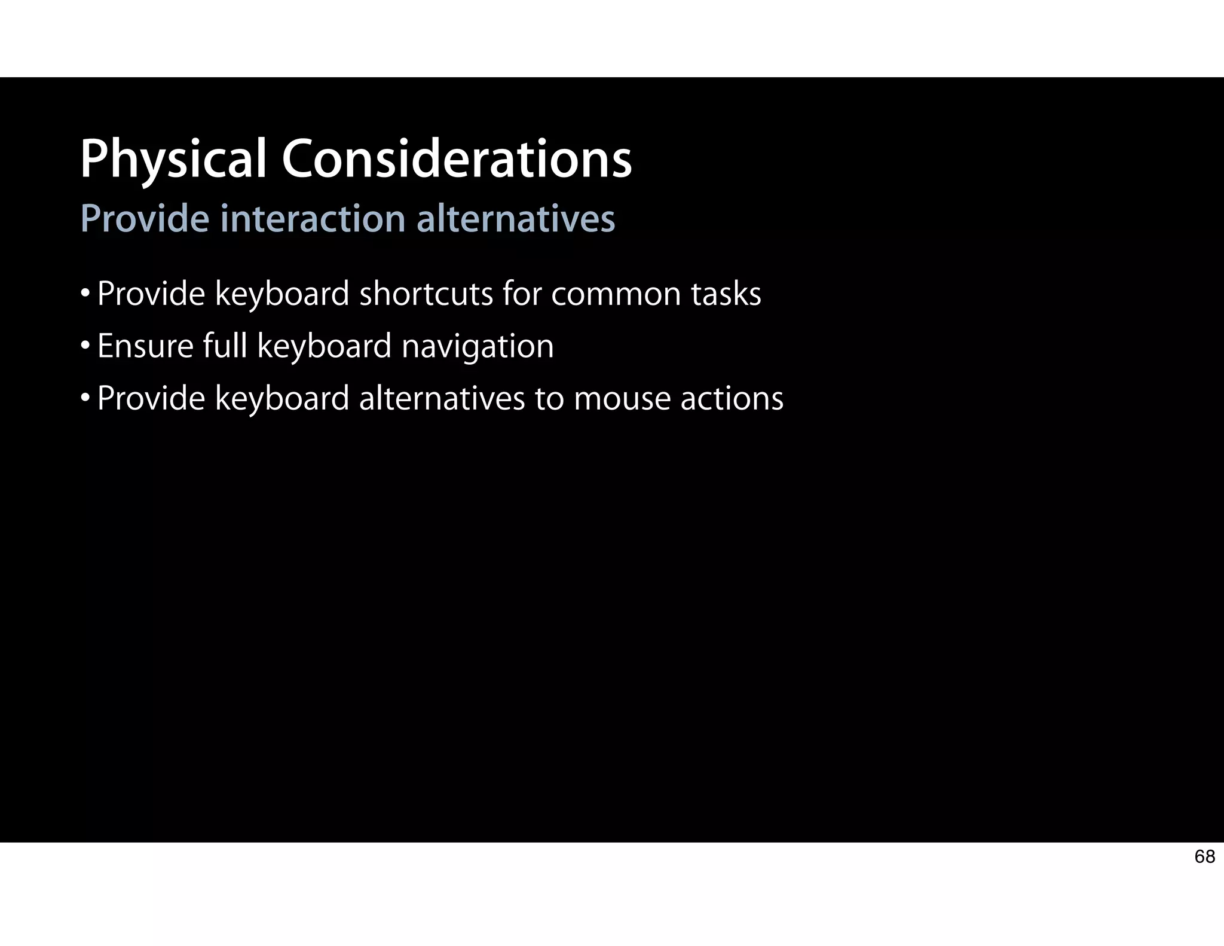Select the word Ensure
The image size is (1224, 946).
pos(145,346)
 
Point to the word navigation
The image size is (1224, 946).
pos(478,347)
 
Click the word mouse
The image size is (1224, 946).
pos(622,399)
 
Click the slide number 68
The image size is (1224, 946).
pos(1204,857)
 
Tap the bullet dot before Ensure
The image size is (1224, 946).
pos(85,345)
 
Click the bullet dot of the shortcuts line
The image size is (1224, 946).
pos(85,293)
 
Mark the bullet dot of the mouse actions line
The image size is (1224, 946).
pos(85,398)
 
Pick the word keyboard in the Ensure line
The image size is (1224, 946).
pos(324,347)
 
